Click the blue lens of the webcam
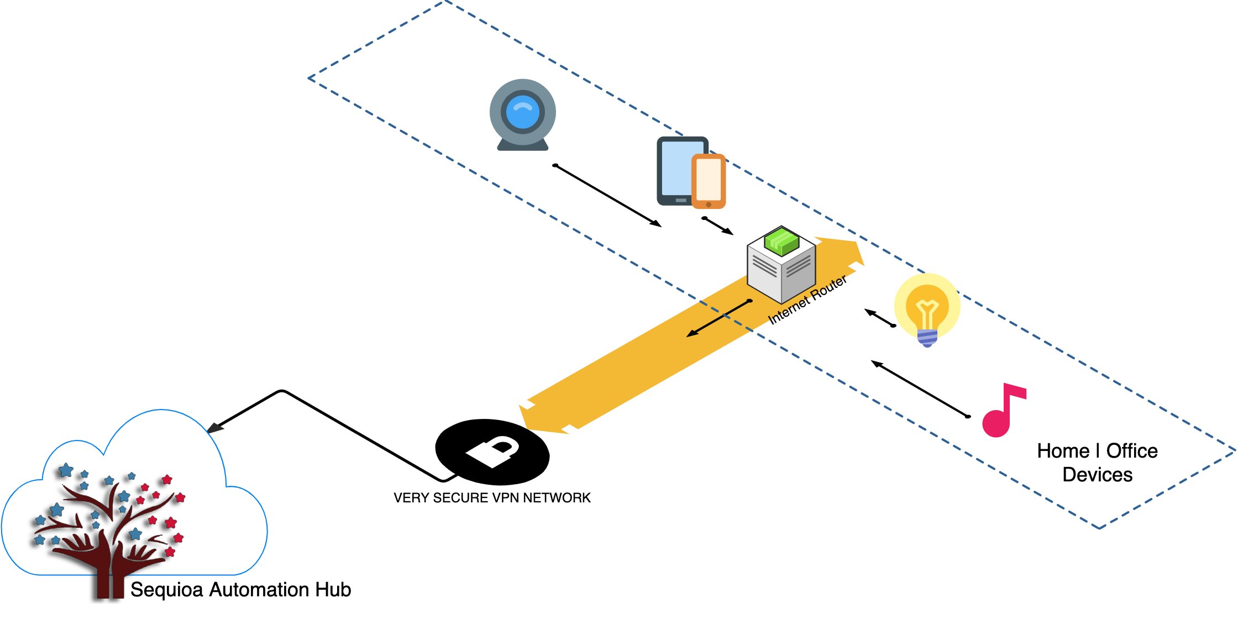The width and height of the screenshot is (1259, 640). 522,112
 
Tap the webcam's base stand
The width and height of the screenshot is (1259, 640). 522,145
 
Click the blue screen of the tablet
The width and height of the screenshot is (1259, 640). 676,169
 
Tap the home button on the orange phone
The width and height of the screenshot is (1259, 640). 709,204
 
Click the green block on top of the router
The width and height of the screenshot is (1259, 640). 781,242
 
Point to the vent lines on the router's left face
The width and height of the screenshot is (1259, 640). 764,266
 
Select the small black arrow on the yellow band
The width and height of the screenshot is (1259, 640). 718,318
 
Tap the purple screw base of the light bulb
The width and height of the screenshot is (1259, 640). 927,337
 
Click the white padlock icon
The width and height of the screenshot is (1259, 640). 493,452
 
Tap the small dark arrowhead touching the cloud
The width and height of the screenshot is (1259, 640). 215,428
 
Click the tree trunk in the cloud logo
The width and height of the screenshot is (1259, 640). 111,580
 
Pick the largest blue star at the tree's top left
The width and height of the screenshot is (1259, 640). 66,470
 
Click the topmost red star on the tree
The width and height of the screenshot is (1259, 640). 166,479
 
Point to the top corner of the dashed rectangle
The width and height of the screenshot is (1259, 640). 445,2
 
